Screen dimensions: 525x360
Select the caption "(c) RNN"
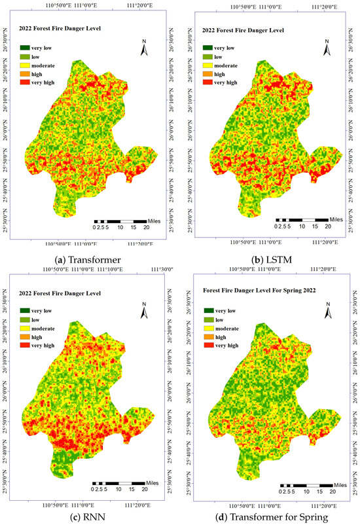[88, 515]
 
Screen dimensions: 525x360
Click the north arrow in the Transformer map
[146, 46]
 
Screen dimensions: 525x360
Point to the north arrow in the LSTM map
[327, 46]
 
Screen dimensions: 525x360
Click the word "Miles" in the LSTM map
[336, 220]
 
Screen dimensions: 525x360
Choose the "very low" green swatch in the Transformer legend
[26, 48]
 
